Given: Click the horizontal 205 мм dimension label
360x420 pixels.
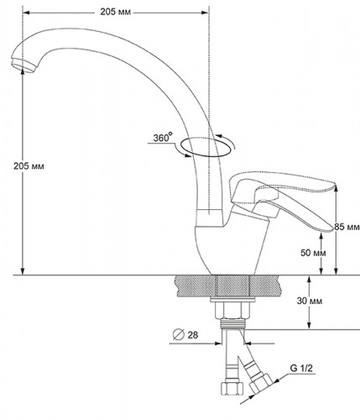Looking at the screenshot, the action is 116,12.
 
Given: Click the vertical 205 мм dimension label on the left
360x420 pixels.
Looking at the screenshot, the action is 29,166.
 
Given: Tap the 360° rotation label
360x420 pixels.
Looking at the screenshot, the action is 163,138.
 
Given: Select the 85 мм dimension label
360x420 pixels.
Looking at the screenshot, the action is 347,227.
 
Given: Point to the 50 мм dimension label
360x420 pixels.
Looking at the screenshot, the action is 313,253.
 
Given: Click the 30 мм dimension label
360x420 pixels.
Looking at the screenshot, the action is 310,301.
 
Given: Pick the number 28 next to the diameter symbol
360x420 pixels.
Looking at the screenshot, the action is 193,334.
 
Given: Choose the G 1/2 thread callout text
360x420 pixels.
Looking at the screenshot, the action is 301,368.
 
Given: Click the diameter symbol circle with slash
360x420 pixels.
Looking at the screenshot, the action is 179,334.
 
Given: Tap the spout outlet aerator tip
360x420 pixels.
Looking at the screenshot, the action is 23,66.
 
